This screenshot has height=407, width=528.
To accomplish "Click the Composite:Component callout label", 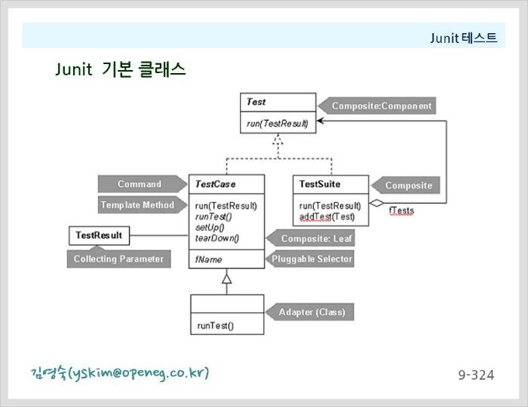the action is pos(377,106).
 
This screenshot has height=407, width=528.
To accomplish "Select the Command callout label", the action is pos(143,184).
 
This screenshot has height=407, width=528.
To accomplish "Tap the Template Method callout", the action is pos(143,205).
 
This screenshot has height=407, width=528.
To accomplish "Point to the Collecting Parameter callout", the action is pos(119,259).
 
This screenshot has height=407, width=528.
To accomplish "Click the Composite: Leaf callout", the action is pos(311,238).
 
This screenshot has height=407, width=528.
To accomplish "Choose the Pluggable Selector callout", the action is pos(310,259).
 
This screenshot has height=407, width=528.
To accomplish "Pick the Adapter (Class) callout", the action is pos(310,312).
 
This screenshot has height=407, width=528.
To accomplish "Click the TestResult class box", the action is pos(99,235).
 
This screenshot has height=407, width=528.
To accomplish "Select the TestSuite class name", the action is pos(320,184).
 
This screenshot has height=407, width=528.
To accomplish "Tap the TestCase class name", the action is pos(215,184).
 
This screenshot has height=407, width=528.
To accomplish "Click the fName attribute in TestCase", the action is pos(208,259).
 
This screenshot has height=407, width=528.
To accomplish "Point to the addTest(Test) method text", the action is pos(327,216).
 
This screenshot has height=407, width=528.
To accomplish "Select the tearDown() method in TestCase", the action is pos(217,238).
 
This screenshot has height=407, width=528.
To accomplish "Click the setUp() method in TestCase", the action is pos(210,228).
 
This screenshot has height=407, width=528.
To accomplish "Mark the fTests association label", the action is pos(401,211).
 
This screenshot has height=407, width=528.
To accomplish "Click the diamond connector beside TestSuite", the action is pos(376,203).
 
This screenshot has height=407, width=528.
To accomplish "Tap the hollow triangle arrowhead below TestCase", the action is pos(226,279).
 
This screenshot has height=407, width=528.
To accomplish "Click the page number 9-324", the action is pos(476,375).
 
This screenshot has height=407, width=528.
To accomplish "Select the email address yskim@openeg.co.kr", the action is pos(138,372).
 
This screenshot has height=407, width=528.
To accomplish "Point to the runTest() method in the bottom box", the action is pos(216,326).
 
